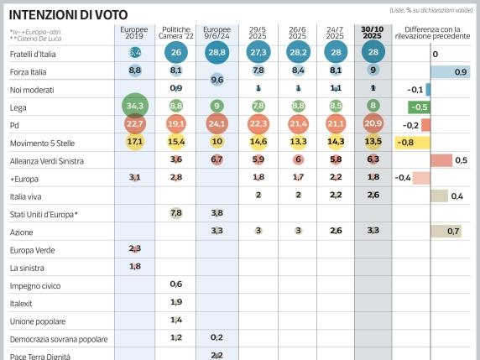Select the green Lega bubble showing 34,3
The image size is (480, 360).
(x=134, y=106)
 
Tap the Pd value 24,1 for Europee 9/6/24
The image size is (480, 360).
(x=217, y=123)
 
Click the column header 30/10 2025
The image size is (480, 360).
(x=373, y=34)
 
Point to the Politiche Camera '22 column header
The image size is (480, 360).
(x=175, y=34)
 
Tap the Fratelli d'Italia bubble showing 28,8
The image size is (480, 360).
(x=217, y=52)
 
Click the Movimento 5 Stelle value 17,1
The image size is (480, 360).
(x=134, y=141)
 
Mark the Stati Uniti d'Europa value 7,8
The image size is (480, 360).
(x=175, y=213)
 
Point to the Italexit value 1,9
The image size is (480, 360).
(x=175, y=302)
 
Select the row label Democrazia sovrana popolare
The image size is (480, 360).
(x=59, y=338)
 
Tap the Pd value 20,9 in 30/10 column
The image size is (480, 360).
(x=373, y=123)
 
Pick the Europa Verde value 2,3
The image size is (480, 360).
(x=134, y=248)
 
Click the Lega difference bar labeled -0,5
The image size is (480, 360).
(x=420, y=107)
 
